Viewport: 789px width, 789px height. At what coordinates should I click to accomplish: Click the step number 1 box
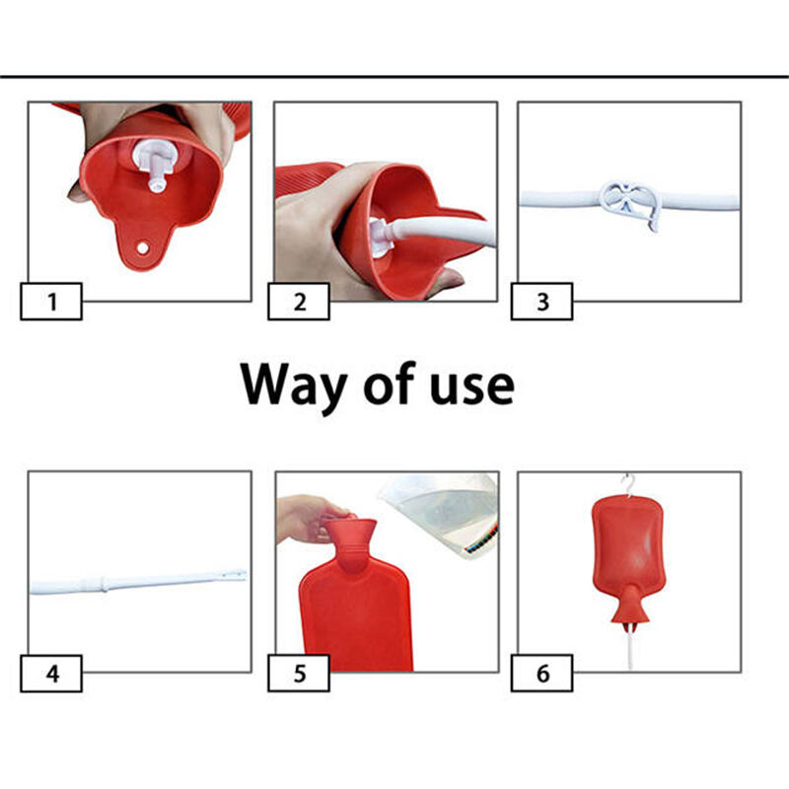[51, 301]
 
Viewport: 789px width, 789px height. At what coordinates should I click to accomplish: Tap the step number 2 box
[300, 301]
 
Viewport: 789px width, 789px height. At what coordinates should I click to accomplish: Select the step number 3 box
[541, 301]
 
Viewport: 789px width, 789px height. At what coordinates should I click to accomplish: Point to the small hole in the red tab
[142, 247]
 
